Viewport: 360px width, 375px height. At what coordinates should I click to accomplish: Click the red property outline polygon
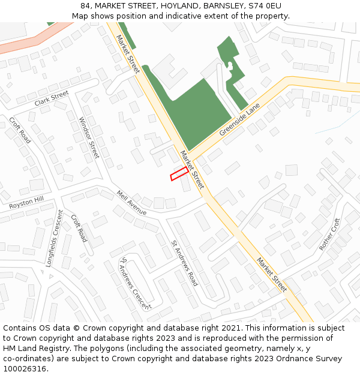tap(179, 174)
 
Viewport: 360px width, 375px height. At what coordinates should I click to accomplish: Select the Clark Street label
tap(52, 98)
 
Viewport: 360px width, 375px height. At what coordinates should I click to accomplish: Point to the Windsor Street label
tap(89, 137)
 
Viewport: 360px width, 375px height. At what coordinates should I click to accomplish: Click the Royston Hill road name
tap(26, 203)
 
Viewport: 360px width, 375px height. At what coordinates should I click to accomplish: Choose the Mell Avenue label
tap(131, 203)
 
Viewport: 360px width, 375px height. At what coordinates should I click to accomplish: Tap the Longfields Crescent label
tap(56, 238)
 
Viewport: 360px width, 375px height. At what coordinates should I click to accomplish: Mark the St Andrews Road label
tap(185, 263)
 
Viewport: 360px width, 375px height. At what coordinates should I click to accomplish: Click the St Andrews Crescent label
tap(136, 283)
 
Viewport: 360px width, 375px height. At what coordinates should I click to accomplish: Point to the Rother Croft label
tap(329, 234)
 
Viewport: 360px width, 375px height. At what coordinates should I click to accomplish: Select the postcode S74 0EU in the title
tap(265, 6)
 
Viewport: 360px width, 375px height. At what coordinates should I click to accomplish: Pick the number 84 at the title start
tap(85, 6)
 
